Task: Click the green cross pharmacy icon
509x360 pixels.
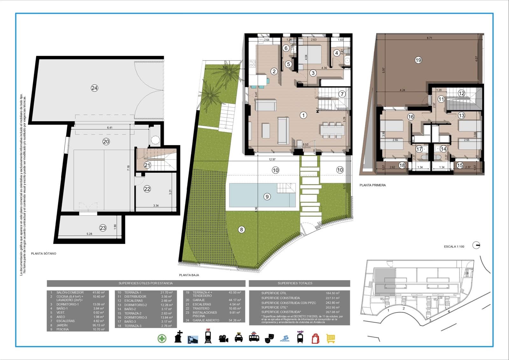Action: tap(162, 338)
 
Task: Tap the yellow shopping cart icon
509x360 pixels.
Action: tap(331, 338)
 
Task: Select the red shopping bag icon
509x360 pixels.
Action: tap(315, 338)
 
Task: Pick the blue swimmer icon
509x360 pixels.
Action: tap(285, 338)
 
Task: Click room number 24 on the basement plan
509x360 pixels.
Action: tap(94, 88)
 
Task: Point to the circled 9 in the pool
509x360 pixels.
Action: tap(267, 197)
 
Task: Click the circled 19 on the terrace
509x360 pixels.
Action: tap(418, 60)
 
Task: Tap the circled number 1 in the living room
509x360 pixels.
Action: tap(303, 115)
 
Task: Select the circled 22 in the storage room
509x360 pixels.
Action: tap(147, 189)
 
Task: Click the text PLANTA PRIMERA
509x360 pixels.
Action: tap(372, 185)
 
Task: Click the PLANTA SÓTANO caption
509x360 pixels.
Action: tap(44, 254)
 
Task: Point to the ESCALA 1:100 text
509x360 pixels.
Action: tap(454, 247)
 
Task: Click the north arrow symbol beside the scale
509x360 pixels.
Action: tap(476, 245)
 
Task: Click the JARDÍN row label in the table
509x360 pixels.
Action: tap(62, 325)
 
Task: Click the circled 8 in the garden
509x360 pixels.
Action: tap(241, 229)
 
